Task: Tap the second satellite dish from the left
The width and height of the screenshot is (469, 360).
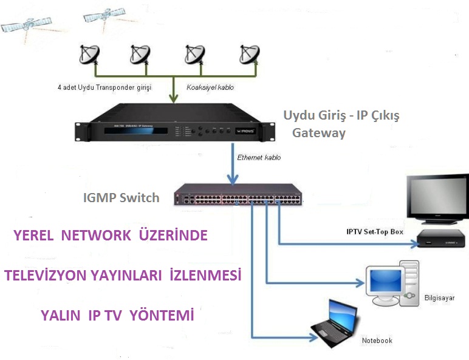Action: [140, 54]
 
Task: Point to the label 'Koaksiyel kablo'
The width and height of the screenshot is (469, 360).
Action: [211, 87]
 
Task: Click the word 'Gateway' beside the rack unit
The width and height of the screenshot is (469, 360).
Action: [319, 133]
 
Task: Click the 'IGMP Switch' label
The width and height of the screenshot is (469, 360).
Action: [121, 197]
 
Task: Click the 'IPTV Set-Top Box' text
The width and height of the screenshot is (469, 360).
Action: [375, 232]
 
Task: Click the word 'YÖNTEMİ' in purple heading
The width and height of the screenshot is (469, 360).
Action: [163, 316]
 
